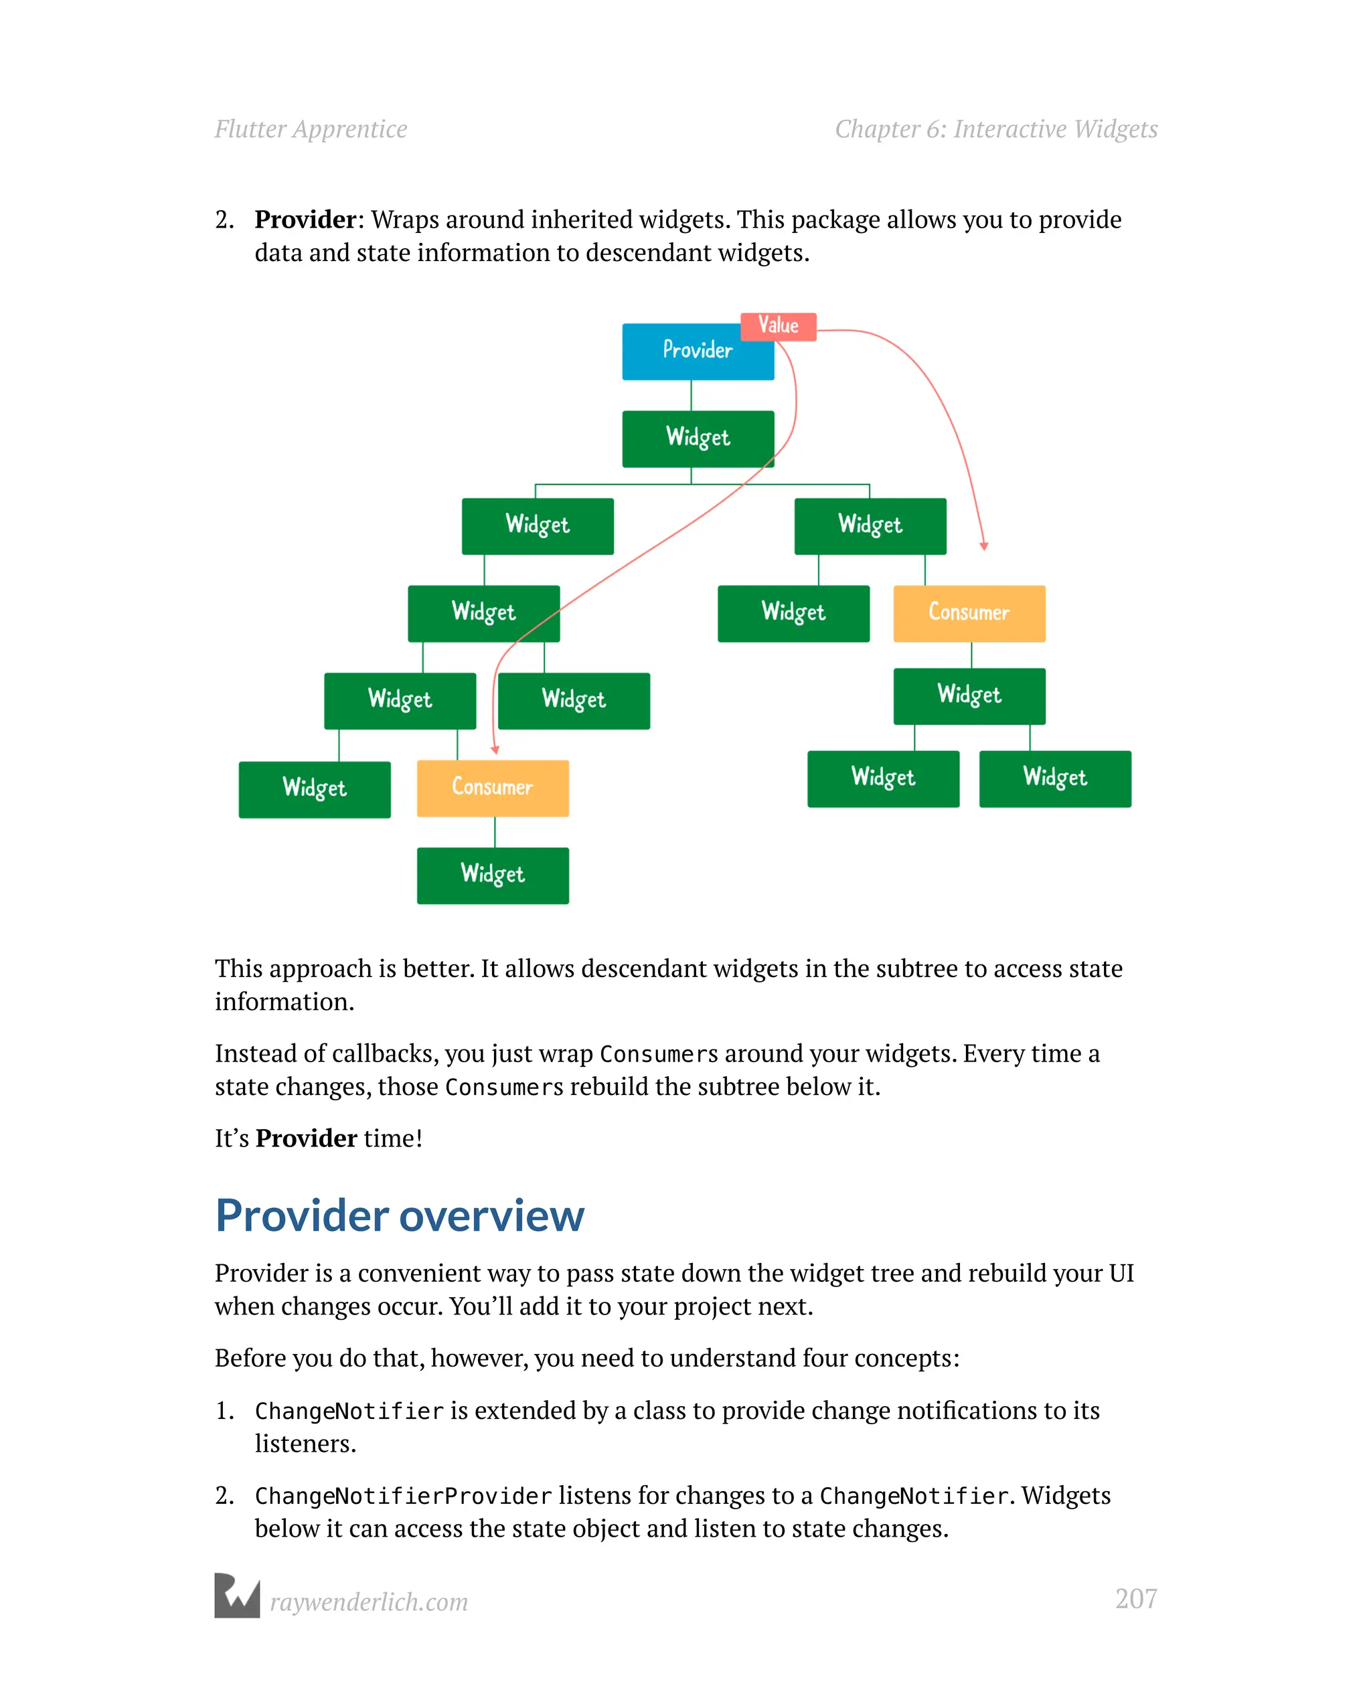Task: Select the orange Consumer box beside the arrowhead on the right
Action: pos(969,613)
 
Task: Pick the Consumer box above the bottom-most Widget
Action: pos(492,788)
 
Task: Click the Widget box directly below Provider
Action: pos(698,438)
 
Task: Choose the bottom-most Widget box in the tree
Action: pos(492,875)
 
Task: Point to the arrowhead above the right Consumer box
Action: pos(983,546)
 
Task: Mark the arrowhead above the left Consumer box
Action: pos(495,750)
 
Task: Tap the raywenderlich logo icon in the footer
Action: pos(237,1595)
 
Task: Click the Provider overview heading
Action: pos(400,1215)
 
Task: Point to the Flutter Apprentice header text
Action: pos(311,129)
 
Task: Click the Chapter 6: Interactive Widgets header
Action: pos(995,129)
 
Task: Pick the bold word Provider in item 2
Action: pos(305,220)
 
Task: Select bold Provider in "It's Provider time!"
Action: pos(306,1138)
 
